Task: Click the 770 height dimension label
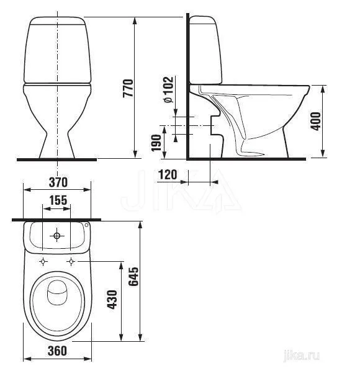coord(128,88)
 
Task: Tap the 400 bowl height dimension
coord(316,121)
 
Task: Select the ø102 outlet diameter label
coord(168,89)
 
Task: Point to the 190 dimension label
coord(156,143)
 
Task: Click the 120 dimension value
coord(168,174)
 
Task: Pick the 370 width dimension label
coord(58,182)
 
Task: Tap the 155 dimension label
coord(58,200)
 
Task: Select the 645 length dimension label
coord(134,277)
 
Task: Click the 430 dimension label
coord(112,300)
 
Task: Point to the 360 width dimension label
coord(57,351)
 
